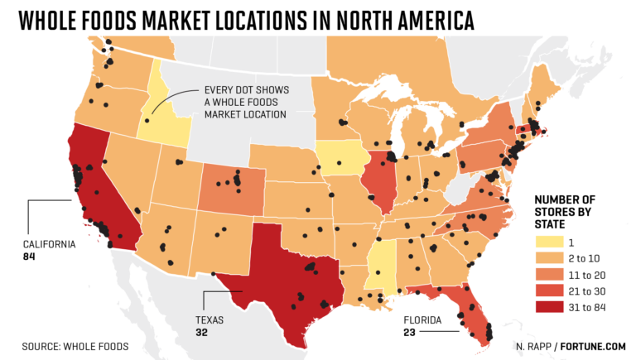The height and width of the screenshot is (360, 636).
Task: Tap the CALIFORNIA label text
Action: pos(49,244)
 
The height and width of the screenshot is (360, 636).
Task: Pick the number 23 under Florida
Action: pos(410,332)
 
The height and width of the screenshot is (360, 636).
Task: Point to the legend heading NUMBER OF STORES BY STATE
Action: pos(565,211)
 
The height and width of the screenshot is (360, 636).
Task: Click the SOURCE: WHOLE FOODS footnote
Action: pos(75,345)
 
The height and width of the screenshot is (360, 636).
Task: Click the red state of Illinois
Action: pos(380,184)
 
